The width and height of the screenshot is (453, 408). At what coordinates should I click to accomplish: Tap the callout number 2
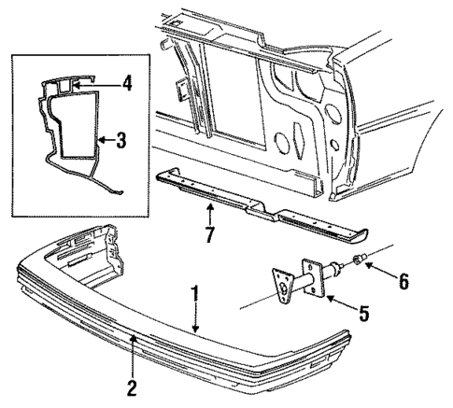[x=133, y=386]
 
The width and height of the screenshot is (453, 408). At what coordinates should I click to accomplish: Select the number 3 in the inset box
[x=121, y=141]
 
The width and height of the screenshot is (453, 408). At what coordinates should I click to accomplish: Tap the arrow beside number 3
[x=103, y=141]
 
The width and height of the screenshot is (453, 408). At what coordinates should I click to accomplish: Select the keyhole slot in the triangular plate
[x=283, y=288]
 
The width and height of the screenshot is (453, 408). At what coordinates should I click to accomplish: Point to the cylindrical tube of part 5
[x=308, y=280]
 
